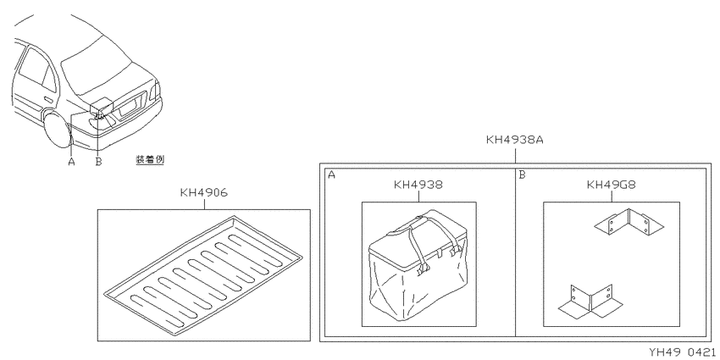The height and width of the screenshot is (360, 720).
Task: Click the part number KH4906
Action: pyautogui.click(x=203, y=192)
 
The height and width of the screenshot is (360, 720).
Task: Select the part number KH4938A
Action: pyautogui.click(x=515, y=140)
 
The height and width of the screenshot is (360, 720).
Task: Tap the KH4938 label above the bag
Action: pyautogui.click(x=418, y=185)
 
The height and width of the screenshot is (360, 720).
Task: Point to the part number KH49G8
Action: pyautogui.click(x=612, y=185)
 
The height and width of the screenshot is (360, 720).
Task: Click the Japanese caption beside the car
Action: pyautogui.click(x=150, y=160)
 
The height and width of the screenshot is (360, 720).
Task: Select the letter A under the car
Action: pyautogui.click(x=71, y=162)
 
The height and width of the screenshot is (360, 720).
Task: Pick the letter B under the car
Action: pyautogui.click(x=98, y=162)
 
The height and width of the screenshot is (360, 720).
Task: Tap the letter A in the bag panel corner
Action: pyautogui.click(x=331, y=175)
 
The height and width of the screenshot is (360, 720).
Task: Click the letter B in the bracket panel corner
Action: pyautogui.click(x=522, y=175)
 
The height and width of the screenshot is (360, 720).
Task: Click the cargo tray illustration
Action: pyautogui.click(x=203, y=274)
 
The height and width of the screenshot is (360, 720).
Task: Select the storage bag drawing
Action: pyautogui.click(x=418, y=264)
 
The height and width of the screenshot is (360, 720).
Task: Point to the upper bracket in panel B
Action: pyautogui.click(x=629, y=222)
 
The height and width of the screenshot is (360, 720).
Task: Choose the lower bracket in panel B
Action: pyautogui.click(x=591, y=302)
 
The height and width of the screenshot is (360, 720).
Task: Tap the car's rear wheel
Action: pyautogui.click(x=58, y=129)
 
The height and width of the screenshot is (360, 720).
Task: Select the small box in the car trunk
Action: pyautogui.click(x=102, y=106)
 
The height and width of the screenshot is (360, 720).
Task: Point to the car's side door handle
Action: pyautogui.click(x=47, y=99)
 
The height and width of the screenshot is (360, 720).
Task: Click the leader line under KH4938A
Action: pyautogui.click(x=515, y=154)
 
